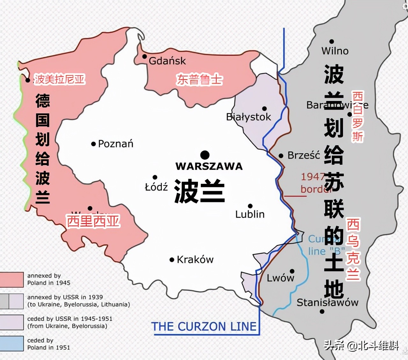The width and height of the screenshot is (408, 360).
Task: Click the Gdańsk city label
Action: [167, 61]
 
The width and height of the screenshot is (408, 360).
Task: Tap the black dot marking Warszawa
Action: [205, 155]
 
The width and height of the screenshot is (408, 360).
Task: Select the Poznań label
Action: [115, 144]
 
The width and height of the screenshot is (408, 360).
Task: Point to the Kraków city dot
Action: [172, 260]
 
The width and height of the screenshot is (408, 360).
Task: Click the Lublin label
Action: [250, 214]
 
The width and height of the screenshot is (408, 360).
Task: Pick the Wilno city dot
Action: [332, 41]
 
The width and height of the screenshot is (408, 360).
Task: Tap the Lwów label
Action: [280, 278]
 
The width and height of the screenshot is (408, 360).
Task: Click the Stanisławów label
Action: [327, 302]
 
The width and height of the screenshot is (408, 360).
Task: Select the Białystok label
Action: [248, 117]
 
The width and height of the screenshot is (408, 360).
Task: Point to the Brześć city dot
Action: [281, 156]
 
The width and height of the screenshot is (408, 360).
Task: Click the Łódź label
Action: [156, 187]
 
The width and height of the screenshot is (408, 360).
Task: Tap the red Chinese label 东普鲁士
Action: [200, 80]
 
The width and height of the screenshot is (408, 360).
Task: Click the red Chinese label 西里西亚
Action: [93, 221]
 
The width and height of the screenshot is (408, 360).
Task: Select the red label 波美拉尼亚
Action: [60, 79]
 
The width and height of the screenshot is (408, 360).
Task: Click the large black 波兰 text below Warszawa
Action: [200, 191]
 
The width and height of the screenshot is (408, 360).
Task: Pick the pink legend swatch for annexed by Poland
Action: [12, 279]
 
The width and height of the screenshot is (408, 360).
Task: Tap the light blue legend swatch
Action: [12, 343]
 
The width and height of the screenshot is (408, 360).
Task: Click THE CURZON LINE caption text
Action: [204, 327]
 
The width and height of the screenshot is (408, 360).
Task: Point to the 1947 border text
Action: [312, 183]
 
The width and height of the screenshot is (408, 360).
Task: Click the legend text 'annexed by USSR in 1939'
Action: [65, 297]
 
